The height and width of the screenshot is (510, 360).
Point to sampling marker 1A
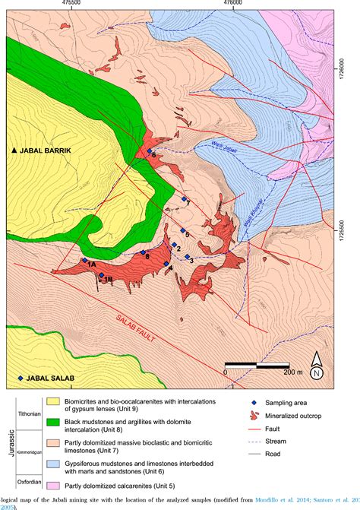84,260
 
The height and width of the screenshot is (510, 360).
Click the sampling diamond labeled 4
167,265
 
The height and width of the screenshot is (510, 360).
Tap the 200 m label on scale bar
292,374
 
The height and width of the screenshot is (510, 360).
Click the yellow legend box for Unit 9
32,403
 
